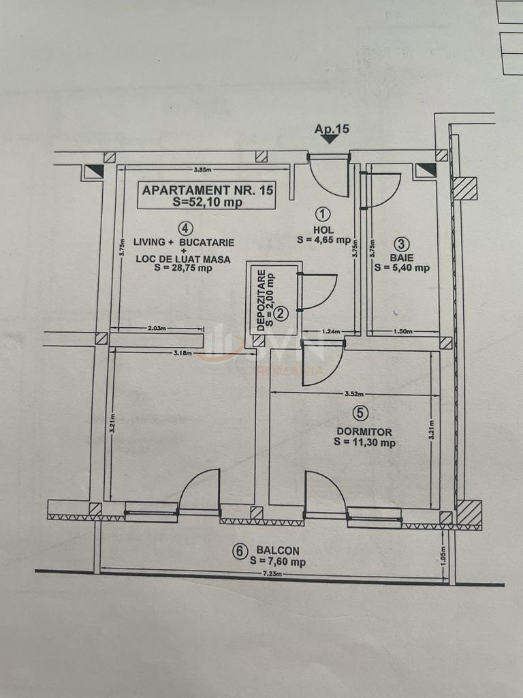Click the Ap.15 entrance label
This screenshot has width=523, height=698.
coord(332,129)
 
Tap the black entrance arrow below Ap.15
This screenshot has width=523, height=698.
coord(330,139)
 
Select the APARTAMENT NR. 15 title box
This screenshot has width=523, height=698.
coord(207,196)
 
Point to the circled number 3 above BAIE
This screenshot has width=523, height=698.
coord(402,243)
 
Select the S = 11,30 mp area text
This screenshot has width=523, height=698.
coord(365,442)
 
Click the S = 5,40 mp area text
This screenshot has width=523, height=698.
coord(402,268)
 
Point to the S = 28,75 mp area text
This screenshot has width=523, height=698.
coord(183,269)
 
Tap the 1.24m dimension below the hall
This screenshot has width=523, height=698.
coord(312,331)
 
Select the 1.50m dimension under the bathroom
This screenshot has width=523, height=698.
coord(404,331)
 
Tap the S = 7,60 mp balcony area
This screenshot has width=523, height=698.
coord(277,562)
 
